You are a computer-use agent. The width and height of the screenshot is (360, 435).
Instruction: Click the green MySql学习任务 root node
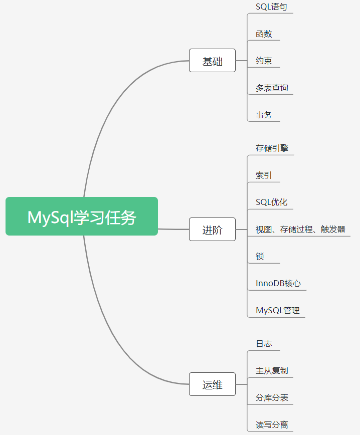point(82,216)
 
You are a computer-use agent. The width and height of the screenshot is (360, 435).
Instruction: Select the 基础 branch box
point(212,61)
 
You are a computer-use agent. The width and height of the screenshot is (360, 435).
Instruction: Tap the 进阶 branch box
point(212,230)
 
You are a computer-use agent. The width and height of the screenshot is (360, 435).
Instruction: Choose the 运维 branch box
point(212,384)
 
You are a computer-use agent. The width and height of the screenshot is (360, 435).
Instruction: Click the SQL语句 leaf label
point(271,7)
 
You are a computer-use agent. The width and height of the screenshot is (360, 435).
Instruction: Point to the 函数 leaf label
point(264,34)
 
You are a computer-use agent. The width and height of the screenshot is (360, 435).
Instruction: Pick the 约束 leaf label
point(264,61)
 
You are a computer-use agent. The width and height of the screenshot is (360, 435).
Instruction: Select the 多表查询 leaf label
point(272,88)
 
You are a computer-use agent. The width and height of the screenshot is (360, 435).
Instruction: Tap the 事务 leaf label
point(264,115)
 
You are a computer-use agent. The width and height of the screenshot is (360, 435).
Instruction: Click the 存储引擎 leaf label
point(272,148)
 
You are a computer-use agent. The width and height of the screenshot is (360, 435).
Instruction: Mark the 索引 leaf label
point(264,175)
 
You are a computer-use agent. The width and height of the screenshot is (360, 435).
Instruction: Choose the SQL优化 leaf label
point(271,202)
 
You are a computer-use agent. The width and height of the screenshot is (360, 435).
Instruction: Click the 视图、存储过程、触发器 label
point(300,230)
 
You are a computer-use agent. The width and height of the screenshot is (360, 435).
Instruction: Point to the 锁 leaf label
point(260,257)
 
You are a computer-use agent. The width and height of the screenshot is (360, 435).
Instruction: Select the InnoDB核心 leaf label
point(278,283)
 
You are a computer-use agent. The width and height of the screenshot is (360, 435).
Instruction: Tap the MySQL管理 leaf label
point(278,310)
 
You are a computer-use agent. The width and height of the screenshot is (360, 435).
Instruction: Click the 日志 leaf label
point(264,344)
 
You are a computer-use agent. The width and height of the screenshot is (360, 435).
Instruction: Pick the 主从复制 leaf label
point(272,371)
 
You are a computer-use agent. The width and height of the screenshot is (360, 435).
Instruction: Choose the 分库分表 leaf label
point(272,398)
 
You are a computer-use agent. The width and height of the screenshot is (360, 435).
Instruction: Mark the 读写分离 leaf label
point(272,425)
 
